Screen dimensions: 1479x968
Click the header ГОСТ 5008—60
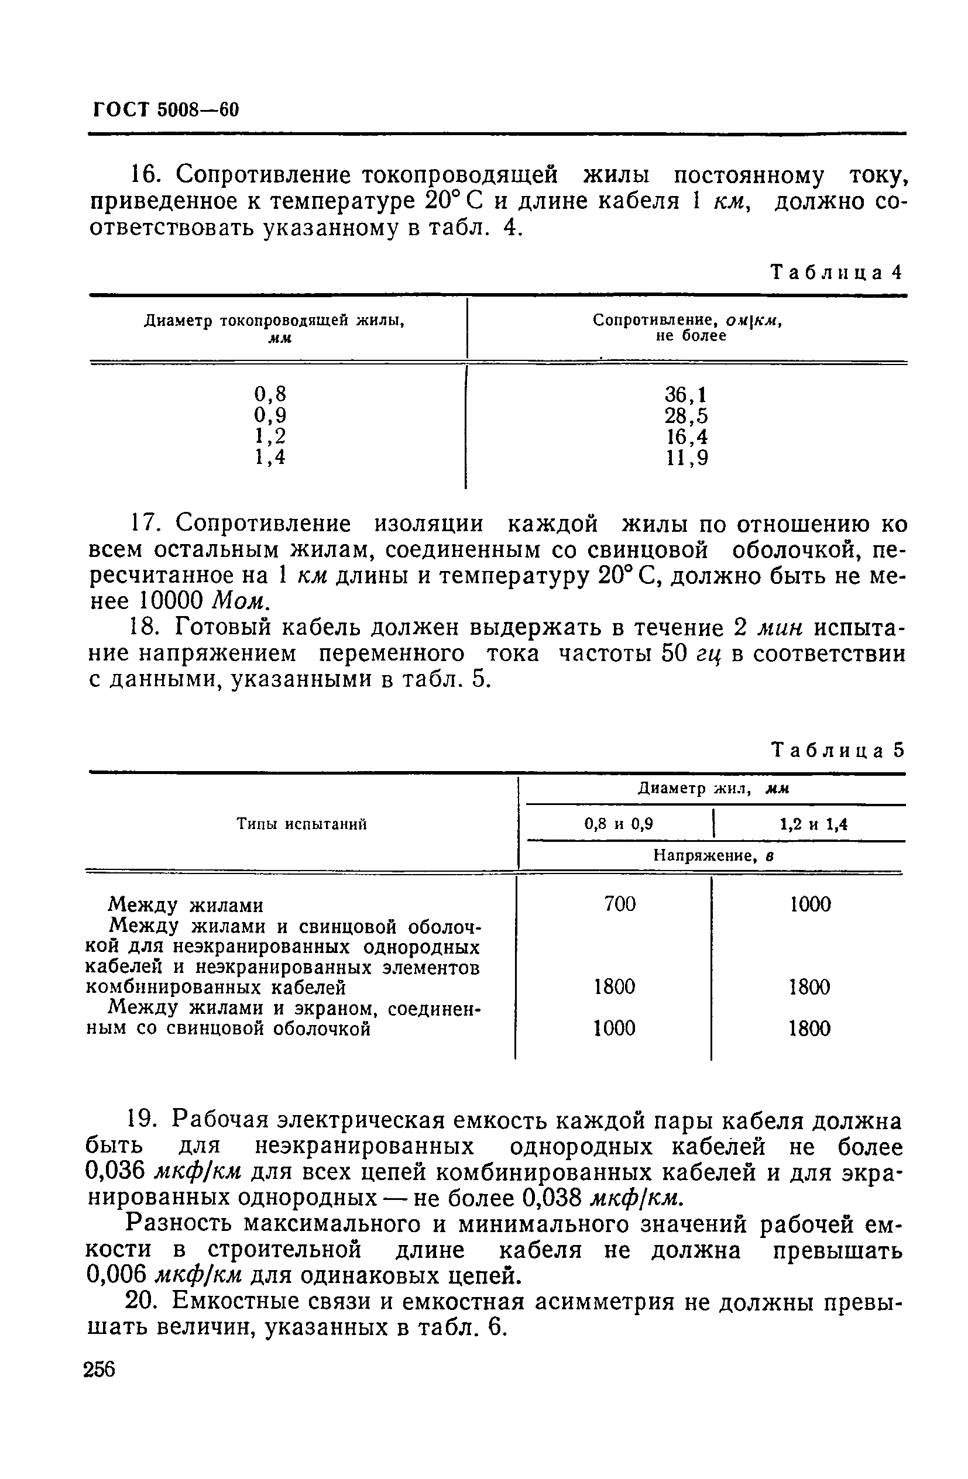[166, 109]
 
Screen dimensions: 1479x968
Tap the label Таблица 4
[836, 272]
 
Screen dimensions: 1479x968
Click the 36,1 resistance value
[686, 394]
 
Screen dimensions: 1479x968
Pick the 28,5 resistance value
[686, 415]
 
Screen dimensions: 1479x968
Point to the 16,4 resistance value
[686, 436]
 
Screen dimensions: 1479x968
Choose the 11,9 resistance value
[686, 458]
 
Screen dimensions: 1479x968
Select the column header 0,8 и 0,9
[619, 824]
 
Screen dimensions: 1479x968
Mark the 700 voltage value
[620, 903]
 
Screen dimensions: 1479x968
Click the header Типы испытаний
[301, 824]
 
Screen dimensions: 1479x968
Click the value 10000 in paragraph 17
[170, 601]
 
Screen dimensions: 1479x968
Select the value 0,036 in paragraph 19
[116, 1172]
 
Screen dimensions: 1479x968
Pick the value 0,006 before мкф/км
[116, 1276]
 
